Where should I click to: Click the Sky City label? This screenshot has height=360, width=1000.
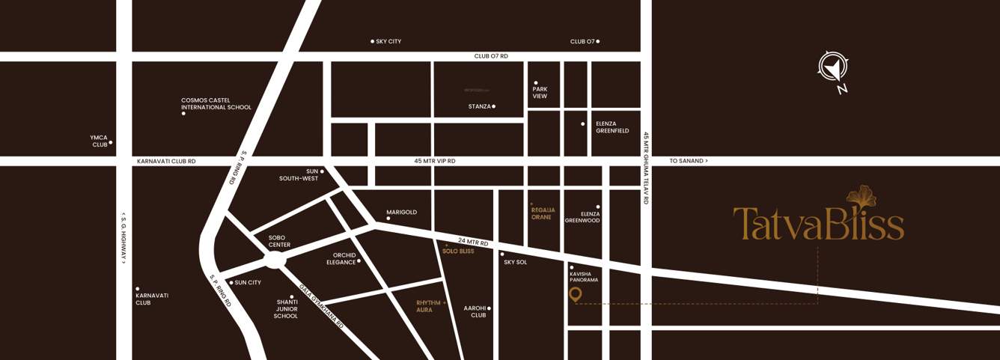coord(388,41)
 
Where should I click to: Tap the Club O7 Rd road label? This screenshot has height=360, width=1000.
coord(491,56)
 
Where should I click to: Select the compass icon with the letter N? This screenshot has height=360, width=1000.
coord(832,68)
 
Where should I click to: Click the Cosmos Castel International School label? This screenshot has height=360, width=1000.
coord(216,104)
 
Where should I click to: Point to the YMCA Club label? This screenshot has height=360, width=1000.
coord(99,141)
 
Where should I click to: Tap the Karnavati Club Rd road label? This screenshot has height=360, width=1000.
coord(166,161)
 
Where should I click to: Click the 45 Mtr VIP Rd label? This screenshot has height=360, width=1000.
coord(434,161)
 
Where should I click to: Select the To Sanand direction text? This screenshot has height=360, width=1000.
coord(688,161)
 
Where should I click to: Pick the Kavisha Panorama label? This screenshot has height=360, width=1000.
coord(584,277)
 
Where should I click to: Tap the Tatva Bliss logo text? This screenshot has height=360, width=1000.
coord(818,222)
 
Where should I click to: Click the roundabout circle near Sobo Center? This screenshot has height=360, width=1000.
coord(275,260)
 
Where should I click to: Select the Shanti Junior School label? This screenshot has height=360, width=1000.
coord(286,309)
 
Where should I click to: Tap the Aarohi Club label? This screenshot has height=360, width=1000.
coord(475,311)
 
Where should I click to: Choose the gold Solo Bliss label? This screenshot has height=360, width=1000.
coord(458,251)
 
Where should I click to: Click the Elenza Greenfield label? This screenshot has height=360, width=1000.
coord(612,127)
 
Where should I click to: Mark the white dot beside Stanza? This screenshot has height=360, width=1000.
coord(493,106)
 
